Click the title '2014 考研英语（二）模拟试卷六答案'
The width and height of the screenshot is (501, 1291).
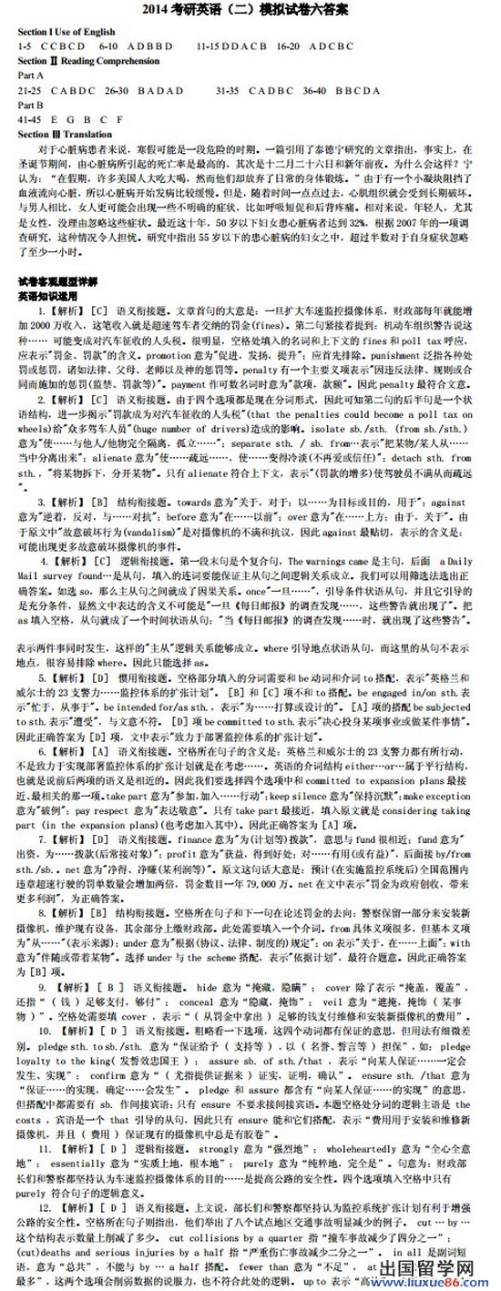[x=251, y=10]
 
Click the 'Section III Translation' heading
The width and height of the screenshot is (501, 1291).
[x=66, y=131]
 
